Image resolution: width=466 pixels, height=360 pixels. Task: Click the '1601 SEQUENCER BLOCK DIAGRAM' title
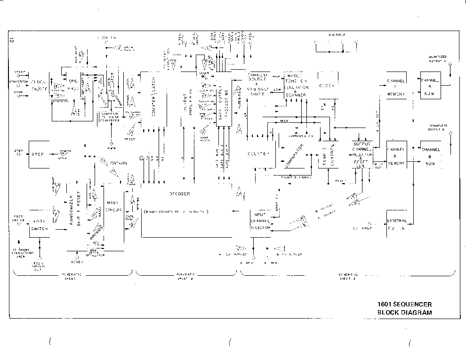404,308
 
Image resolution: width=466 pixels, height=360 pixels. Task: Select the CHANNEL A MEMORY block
395,87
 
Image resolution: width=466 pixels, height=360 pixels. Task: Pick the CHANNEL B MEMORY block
395,156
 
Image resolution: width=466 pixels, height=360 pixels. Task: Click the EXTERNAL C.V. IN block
396,225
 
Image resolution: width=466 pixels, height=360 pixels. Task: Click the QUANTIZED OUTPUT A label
437,58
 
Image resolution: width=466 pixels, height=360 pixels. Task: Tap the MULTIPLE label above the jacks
337,36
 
